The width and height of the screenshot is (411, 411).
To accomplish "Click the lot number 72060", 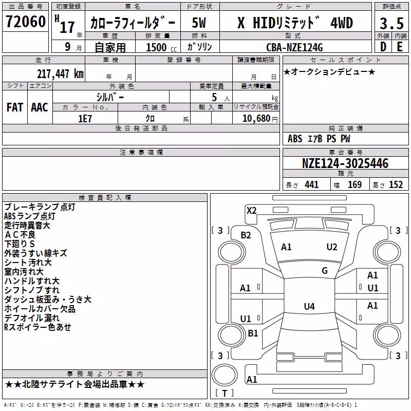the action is (26, 22).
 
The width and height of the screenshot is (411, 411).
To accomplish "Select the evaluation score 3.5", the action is (391, 23).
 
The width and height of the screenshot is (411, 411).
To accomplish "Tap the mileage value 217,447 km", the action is (60, 73).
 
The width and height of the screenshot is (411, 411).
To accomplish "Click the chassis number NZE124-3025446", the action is (345, 163).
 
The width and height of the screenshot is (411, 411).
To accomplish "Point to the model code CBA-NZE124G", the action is (294, 47).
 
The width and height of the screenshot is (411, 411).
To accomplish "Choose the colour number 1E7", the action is (85, 119).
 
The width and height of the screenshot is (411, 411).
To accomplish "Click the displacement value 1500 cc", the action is (161, 47).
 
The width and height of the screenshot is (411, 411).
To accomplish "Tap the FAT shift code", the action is (15, 107).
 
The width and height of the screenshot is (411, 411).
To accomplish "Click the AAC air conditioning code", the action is (40, 107).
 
